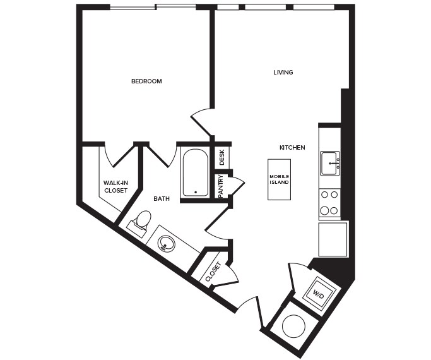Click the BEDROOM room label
[x=146, y=81]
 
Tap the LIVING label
[x=283, y=72]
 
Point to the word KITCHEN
[x=292, y=147]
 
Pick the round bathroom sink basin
[x=167, y=243]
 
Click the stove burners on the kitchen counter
[x=329, y=203]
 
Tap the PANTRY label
[x=221, y=187]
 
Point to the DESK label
[x=221, y=157]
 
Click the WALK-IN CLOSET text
[x=115, y=186]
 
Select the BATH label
[x=162, y=198]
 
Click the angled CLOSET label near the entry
[x=213, y=272]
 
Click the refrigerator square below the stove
[x=333, y=239]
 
